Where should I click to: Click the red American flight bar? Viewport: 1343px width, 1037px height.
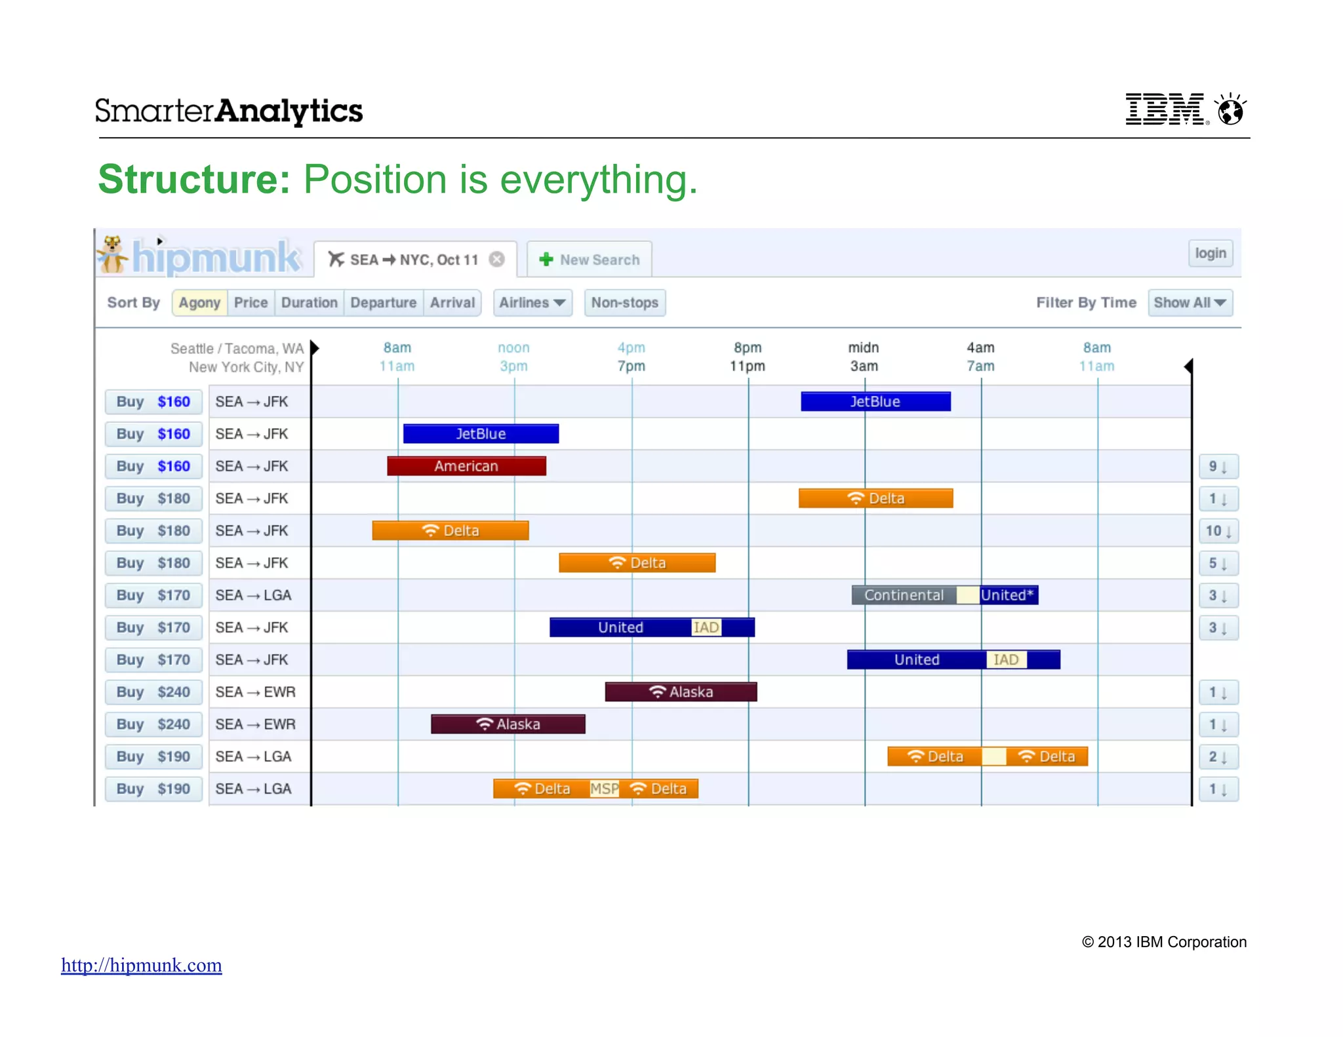(466, 466)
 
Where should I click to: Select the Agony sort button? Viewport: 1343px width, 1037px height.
(199, 303)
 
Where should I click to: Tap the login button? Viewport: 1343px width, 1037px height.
(1210, 253)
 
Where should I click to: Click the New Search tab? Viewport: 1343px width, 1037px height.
(589, 260)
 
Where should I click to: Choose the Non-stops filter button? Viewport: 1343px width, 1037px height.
(624, 303)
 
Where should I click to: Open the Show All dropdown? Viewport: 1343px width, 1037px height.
(1190, 303)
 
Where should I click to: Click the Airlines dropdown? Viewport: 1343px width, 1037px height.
(532, 303)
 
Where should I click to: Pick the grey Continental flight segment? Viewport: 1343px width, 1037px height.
(903, 595)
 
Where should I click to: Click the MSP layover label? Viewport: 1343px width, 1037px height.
(604, 789)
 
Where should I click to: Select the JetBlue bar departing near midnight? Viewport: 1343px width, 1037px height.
(875, 402)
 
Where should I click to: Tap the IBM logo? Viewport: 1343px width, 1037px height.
(1165, 109)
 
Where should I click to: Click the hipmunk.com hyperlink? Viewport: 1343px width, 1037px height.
(142, 965)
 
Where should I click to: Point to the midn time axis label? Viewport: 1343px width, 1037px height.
(864, 347)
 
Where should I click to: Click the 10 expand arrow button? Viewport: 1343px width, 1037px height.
(1218, 531)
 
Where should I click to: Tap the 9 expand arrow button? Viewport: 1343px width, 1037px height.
(1218, 467)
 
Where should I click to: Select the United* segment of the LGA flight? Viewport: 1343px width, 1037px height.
(1008, 595)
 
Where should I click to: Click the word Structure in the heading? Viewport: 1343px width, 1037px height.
(194, 180)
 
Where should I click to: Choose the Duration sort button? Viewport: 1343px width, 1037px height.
(309, 303)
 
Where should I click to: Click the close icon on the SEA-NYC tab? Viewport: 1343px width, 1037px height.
(497, 260)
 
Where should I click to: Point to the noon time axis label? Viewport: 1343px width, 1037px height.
(513, 347)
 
